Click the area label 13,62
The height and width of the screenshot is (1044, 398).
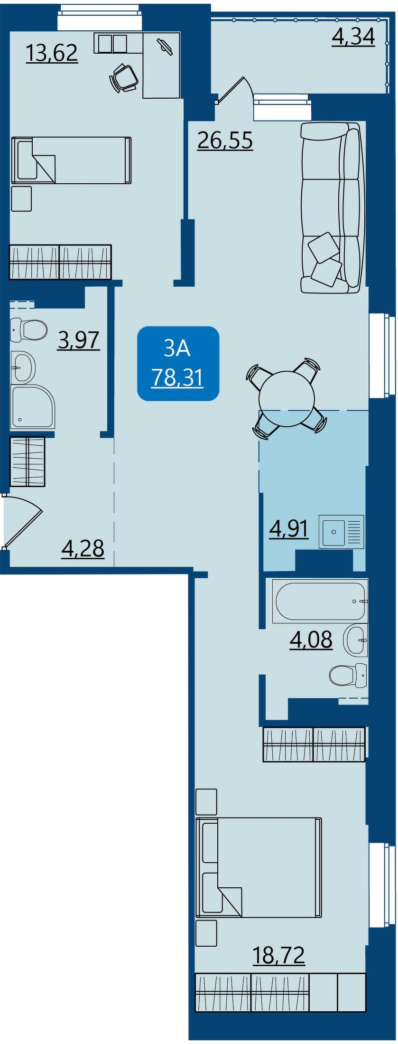pyautogui.click(x=52, y=53)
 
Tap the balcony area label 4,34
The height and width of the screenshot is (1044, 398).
pyautogui.click(x=353, y=37)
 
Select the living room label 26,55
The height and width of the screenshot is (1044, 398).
pyautogui.click(x=225, y=141)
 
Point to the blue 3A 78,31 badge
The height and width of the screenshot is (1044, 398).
pyautogui.click(x=178, y=363)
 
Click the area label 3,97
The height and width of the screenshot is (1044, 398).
pyautogui.click(x=79, y=340)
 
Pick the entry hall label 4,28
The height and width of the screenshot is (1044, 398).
pyautogui.click(x=83, y=549)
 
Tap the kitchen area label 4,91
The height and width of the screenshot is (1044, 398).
pyautogui.click(x=289, y=528)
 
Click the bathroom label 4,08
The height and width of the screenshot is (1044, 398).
pyautogui.click(x=311, y=640)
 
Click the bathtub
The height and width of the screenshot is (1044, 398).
pyautogui.click(x=320, y=601)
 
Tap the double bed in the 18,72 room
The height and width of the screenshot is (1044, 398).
pyautogui.click(x=259, y=867)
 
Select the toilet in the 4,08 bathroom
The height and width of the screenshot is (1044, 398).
pyautogui.click(x=348, y=675)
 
